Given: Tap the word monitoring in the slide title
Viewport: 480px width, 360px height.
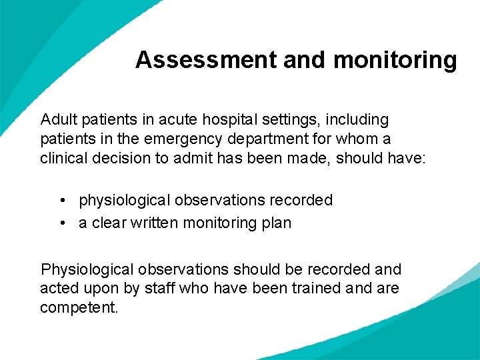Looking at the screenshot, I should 395,60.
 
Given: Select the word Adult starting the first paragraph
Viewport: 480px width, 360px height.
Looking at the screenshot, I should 59,120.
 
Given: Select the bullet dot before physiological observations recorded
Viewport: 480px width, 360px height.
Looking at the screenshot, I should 61,201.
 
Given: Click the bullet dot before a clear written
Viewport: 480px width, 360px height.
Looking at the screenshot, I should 61,223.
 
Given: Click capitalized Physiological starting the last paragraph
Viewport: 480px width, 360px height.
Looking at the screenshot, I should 87,269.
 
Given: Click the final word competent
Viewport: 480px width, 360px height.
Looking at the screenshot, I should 79,308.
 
